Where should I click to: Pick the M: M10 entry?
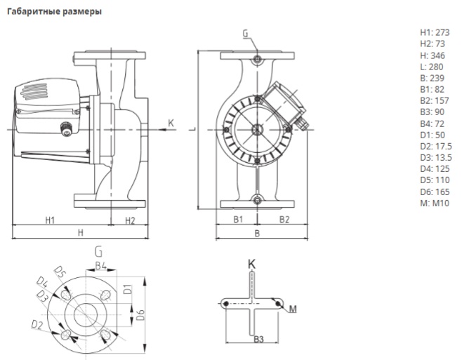pos(433,204)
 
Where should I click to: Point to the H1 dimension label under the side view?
pos(50,220)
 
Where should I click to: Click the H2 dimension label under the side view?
pos(130,220)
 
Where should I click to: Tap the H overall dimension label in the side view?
pos(81,232)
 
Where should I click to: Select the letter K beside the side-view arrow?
pos(170,124)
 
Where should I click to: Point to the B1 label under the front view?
pos(238,220)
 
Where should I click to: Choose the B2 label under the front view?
pos(284,220)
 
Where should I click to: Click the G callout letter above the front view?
pos(245,33)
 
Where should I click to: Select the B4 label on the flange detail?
pos(100,265)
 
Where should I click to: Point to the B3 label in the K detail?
pos(258,340)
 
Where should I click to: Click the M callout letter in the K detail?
pos(293,308)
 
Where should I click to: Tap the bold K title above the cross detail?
pos(251,264)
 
